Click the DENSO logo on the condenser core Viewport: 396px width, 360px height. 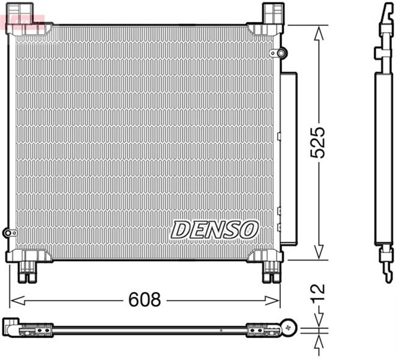(214, 229)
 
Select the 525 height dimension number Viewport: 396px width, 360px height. (317, 142)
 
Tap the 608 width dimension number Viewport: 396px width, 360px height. (144, 301)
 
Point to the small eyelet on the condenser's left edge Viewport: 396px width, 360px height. (7, 233)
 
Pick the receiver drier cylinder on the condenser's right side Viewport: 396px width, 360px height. (288, 158)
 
